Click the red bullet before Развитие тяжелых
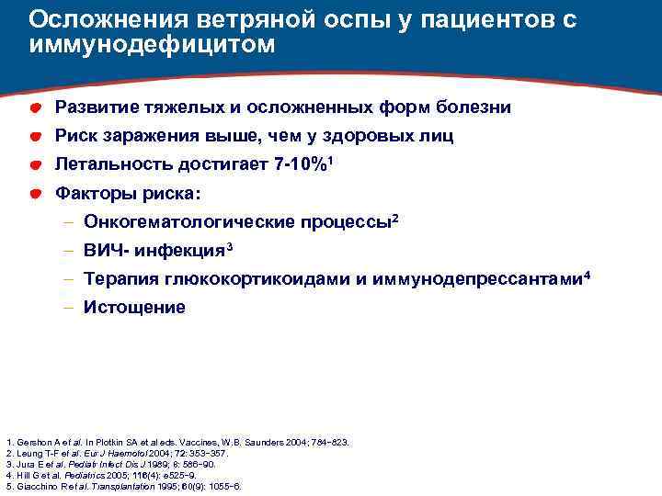click(33, 109)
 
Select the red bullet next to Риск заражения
click(33, 138)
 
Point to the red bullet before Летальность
click(33, 166)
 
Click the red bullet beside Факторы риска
click(33, 195)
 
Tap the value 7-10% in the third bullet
click(304, 166)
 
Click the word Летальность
click(114, 166)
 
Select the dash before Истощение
click(70, 308)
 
